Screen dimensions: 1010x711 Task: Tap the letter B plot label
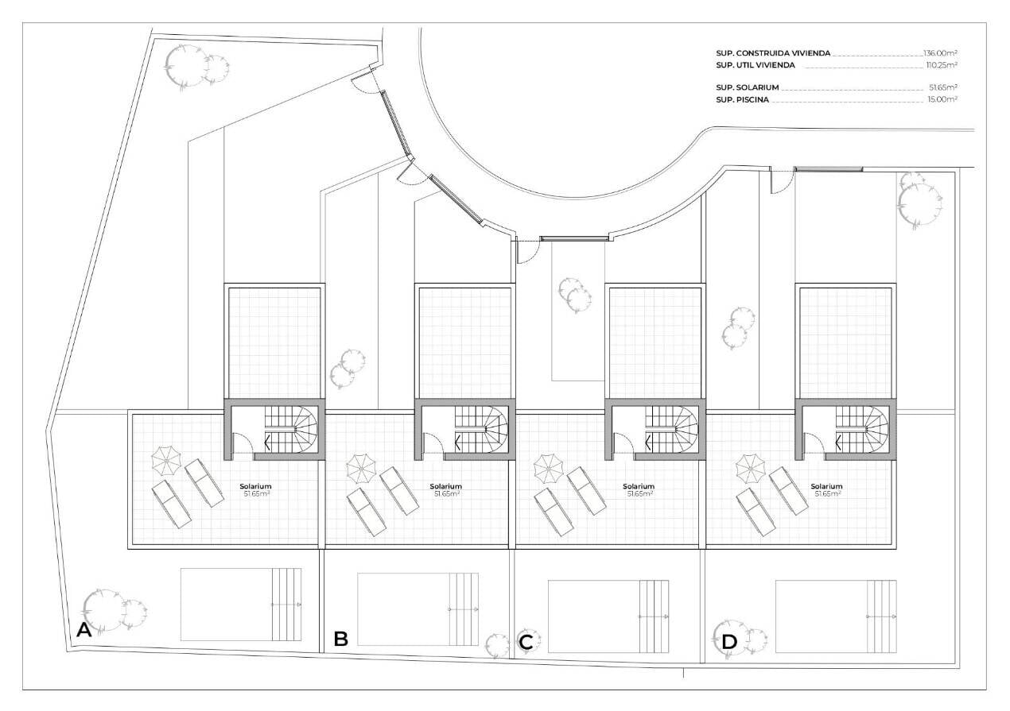tap(341, 639)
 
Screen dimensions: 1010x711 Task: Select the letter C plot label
tap(526, 642)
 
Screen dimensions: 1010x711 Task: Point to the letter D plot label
tap(729, 642)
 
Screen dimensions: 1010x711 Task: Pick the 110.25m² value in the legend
tap(942, 65)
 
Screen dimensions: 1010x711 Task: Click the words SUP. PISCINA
tap(742, 100)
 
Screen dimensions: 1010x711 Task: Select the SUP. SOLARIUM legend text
tap(747, 87)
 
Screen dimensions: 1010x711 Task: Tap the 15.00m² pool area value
tap(942, 99)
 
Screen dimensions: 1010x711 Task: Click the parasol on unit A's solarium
tap(166, 461)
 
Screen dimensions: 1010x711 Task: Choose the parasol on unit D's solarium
tap(751, 468)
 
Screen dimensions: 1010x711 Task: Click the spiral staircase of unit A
tap(292, 429)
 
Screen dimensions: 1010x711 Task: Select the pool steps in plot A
tap(286, 605)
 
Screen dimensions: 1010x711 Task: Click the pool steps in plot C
tap(655, 616)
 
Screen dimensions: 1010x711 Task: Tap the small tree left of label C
tap(497, 645)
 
